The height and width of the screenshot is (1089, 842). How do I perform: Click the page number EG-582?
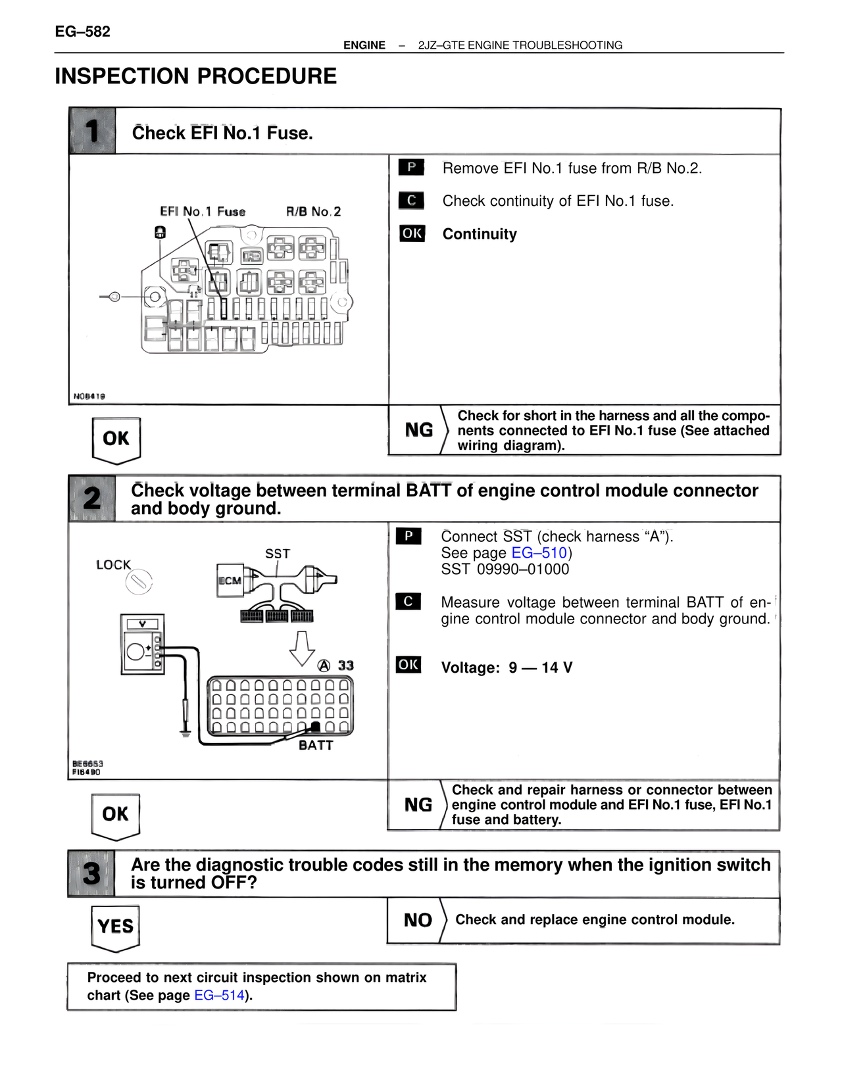point(82,32)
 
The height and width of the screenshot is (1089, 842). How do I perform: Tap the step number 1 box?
point(92,131)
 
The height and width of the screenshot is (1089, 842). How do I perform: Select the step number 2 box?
point(92,498)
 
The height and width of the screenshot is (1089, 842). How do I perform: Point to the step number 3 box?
point(91,874)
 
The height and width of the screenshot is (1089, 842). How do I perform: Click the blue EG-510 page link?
point(539,553)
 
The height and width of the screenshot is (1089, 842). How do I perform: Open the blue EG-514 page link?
point(220,996)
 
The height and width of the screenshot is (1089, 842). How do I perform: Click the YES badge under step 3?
point(116,927)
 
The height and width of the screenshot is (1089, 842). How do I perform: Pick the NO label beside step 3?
point(418,921)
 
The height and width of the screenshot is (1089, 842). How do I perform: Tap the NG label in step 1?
point(419,430)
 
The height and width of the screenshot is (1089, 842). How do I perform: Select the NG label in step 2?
point(418,805)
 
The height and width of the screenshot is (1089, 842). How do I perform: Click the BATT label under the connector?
point(316,745)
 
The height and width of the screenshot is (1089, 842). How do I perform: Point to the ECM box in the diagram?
point(230,581)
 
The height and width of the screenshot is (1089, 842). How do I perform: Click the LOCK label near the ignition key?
point(113,565)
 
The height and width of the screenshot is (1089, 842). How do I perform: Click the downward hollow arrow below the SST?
point(302,648)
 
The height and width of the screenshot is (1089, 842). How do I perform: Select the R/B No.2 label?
point(313,212)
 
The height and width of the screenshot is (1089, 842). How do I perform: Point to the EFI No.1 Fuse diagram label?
point(203,212)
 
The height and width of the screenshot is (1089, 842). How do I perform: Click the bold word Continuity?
point(480,234)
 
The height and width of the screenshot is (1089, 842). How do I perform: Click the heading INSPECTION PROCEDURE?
point(195,76)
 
